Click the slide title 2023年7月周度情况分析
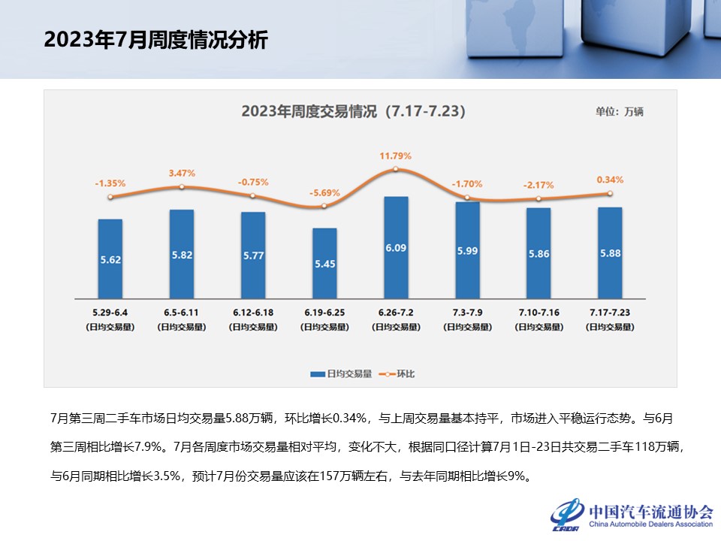pyautogui.click(x=155, y=40)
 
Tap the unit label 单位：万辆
pyautogui.click(x=619, y=111)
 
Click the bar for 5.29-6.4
pyautogui.click(x=110, y=258)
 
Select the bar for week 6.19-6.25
pyautogui.click(x=324, y=262)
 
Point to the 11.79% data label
pyautogui.click(x=396, y=156)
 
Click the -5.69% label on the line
pyautogui.click(x=324, y=193)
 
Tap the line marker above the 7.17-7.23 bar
pyautogui.click(x=610, y=193)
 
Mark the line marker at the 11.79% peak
pyautogui.click(x=396, y=169)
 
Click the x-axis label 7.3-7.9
pyautogui.click(x=467, y=311)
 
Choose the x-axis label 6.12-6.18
pyautogui.click(x=253, y=311)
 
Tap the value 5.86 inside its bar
pyautogui.click(x=538, y=254)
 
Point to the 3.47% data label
pyautogui.click(x=182, y=174)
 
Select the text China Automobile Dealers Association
pyautogui.click(x=650, y=524)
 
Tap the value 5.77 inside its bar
pyautogui.click(x=253, y=256)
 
